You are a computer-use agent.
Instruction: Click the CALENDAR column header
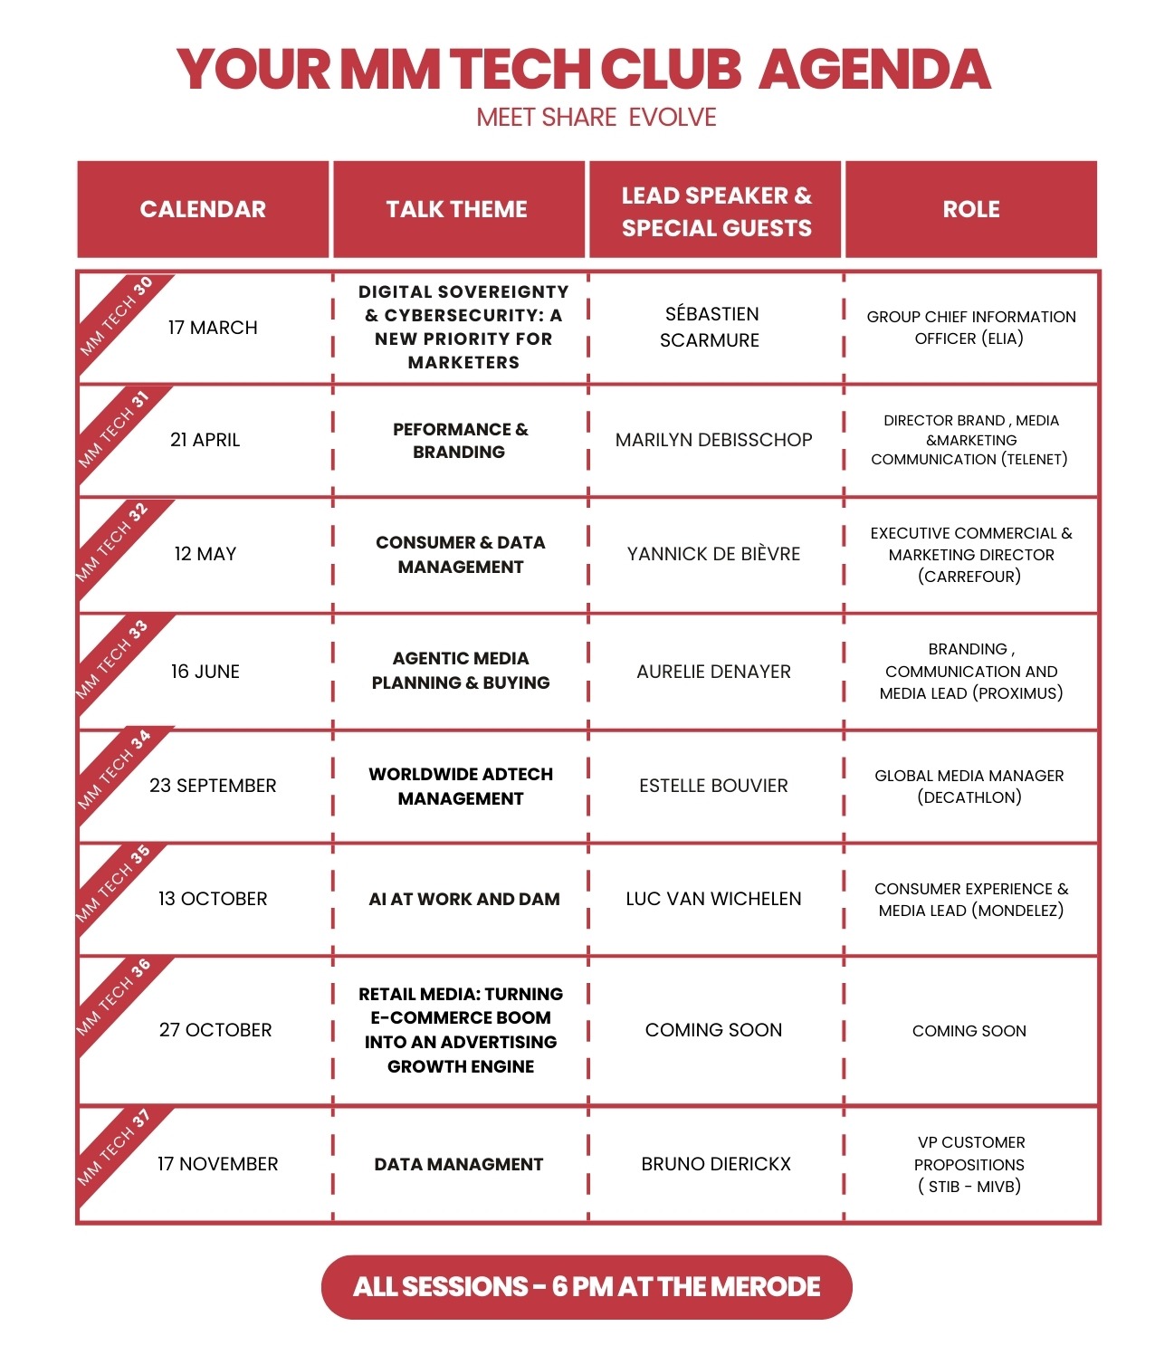203,209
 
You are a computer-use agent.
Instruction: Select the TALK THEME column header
456,209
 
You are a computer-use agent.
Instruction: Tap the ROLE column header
970,209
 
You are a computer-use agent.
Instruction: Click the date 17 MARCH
213,328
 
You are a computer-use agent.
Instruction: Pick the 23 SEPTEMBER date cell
213,786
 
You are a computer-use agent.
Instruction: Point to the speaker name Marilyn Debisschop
713,440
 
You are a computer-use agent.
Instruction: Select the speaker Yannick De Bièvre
713,554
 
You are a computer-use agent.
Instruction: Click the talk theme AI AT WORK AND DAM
463,899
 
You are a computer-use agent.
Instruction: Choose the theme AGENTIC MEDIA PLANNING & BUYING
461,671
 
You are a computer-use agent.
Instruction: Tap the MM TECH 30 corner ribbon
116,316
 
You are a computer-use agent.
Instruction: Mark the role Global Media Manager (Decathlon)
969,786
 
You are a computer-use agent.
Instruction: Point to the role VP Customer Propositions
969,1164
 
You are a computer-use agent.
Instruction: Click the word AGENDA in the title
874,70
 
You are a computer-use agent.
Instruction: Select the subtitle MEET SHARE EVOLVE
596,118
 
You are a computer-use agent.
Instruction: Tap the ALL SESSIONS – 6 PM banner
587,1286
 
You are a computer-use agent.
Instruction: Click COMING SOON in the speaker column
713,1030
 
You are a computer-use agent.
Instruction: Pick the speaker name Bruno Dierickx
715,1164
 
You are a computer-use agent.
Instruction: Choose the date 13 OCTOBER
213,899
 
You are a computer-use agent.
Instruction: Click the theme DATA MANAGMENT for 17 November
458,1164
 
